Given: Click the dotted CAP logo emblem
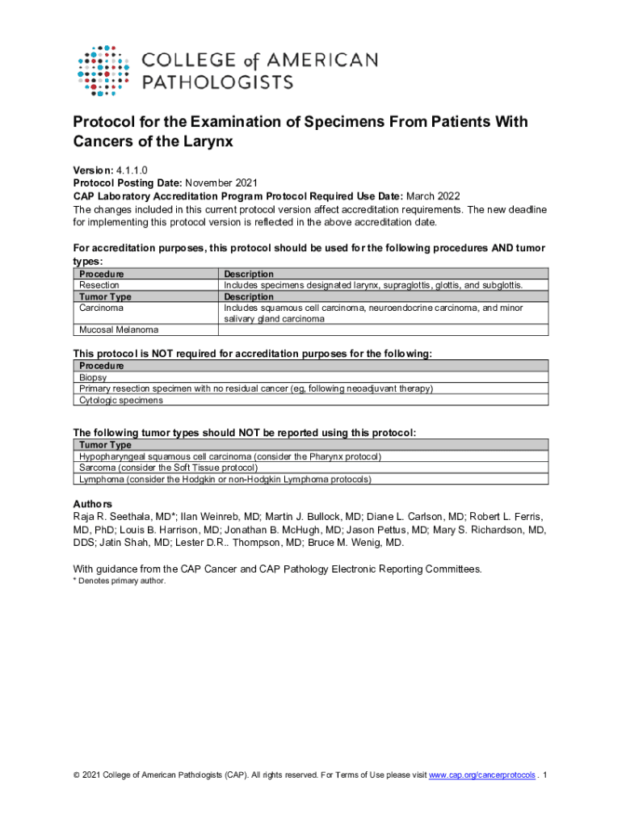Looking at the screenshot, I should coord(103,71).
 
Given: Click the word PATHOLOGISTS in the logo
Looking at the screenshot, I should coord(217,82).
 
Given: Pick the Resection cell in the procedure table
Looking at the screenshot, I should coord(99,285).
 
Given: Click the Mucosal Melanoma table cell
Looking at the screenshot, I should coord(119,329).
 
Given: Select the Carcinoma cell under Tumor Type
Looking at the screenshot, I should coord(101,308).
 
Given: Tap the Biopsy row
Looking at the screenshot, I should coord(93,377).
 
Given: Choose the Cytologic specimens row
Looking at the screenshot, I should coord(121,400).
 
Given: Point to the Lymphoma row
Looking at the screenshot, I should coord(225,479).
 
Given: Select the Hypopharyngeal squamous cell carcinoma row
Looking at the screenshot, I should coord(230,456).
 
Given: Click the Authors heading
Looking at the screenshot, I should coord(92,504).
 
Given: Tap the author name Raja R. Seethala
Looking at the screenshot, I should coord(121,517).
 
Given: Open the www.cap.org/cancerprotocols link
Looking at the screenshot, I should coord(481,775).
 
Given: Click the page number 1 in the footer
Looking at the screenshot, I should coord(546,775).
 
